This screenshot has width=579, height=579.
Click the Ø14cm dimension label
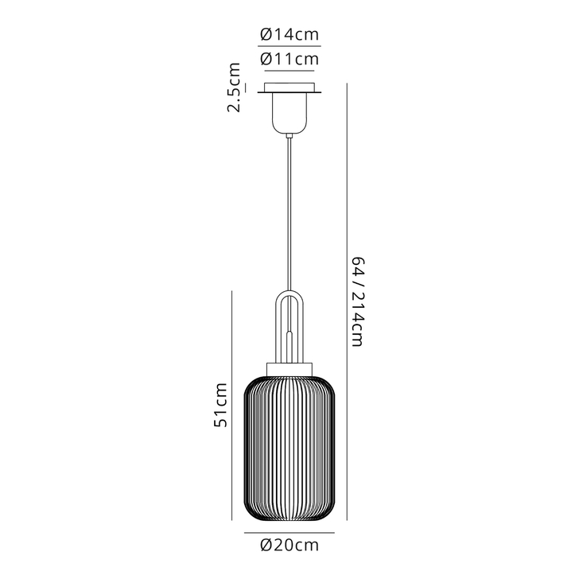pos(289,34)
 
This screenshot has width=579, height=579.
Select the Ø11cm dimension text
pos(289,59)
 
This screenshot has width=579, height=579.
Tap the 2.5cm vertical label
pos(234,88)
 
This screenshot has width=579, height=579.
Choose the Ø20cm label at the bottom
pos(289,545)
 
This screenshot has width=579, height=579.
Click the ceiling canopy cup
pos(289,111)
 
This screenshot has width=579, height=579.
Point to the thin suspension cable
pos(289,207)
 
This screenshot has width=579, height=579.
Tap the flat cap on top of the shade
pos(289,365)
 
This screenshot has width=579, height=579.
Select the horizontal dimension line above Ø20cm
pos(289,532)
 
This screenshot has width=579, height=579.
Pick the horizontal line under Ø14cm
pos(289,47)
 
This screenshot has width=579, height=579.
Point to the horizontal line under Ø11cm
pos(289,71)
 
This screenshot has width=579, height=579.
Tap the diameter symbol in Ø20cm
pos(266,545)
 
